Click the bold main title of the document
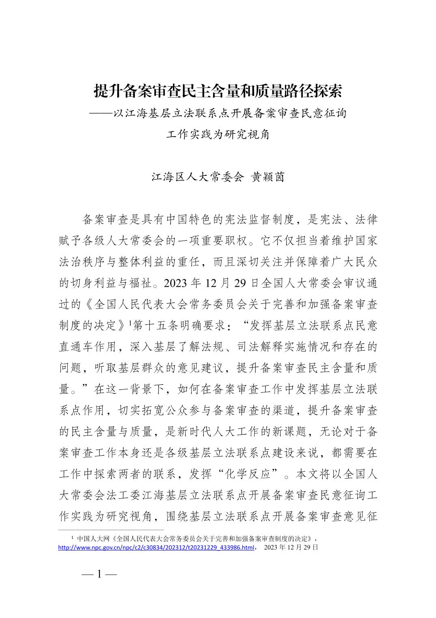coord(218,91)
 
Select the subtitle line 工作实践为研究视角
coord(218,135)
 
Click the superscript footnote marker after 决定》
coord(130,323)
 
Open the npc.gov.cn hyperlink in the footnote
coord(156,547)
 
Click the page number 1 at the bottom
coord(99,574)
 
